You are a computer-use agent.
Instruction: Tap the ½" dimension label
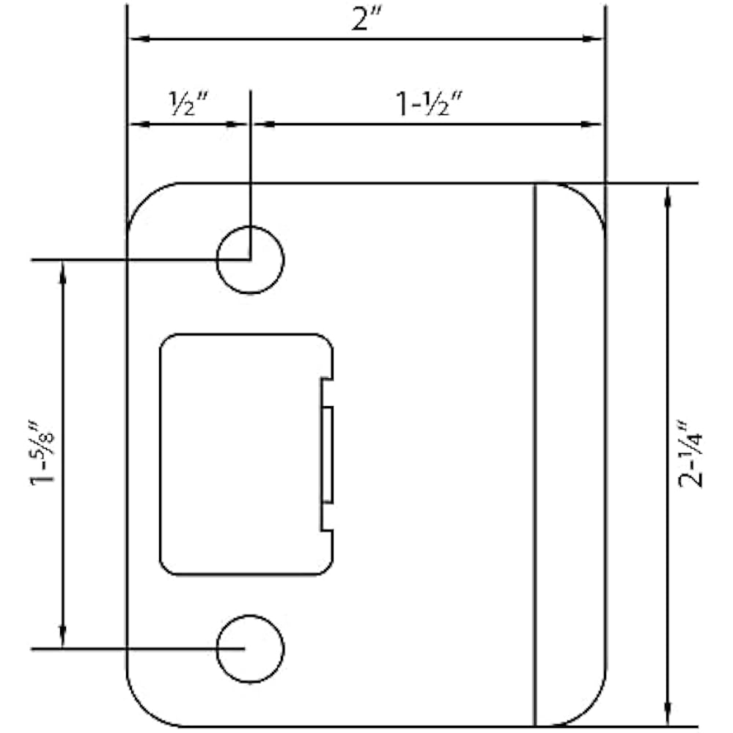click(188, 103)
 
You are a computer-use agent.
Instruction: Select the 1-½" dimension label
click(430, 103)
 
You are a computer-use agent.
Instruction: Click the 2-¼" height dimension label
click(690, 454)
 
